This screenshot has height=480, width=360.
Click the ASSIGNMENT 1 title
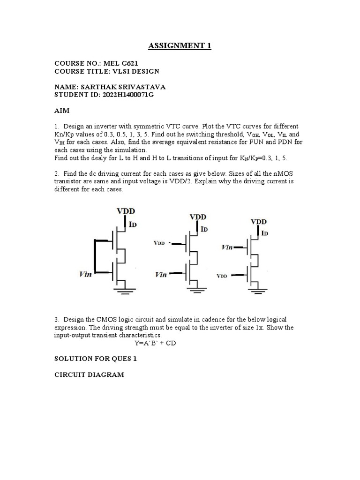point(176,45)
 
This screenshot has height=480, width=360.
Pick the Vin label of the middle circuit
point(161,274)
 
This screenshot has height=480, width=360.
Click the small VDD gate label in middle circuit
point(160,244)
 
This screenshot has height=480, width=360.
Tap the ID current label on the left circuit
point(133,225)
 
